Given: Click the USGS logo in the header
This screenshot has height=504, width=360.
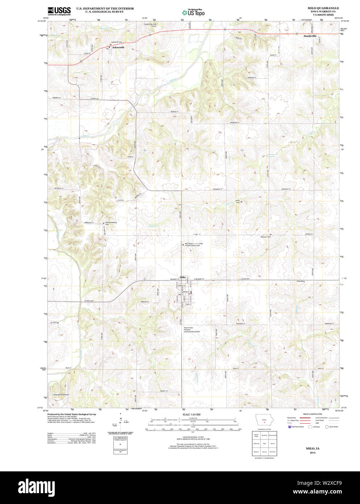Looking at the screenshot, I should click(59, 11).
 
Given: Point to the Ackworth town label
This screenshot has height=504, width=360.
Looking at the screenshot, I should click(118, 47).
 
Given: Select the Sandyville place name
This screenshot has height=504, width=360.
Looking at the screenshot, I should click(310, 36).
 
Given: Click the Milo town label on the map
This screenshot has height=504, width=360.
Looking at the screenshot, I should click(182, 277).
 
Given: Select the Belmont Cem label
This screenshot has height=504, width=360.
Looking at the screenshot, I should click(266, 237).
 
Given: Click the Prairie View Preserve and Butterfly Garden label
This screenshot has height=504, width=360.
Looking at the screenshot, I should click(191, 330).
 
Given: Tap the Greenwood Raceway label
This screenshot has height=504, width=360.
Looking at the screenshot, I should click(61, 394).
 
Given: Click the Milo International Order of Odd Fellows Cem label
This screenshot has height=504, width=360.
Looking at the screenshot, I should click(194, 244).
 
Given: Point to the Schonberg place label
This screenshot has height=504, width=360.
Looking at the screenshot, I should click(301, 281).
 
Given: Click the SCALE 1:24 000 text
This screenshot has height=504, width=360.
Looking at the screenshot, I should click(191, 414).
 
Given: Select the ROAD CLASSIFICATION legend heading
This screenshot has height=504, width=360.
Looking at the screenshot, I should click(313, 414).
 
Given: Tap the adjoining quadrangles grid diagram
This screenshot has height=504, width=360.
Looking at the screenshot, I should click(265, 443).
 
